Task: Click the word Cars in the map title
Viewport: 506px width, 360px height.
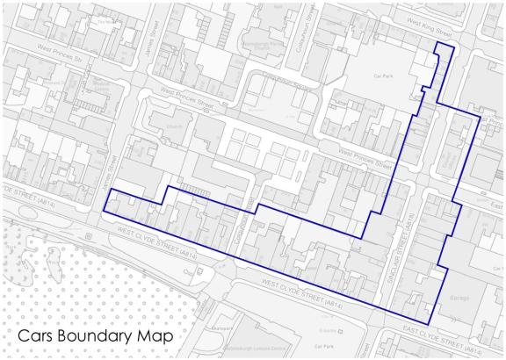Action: point(37,336)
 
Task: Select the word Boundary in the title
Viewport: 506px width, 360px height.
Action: point(98,336)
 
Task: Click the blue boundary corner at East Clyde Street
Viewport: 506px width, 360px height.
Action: point(430,325)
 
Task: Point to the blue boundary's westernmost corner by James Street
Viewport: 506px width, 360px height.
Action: point(104,211)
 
